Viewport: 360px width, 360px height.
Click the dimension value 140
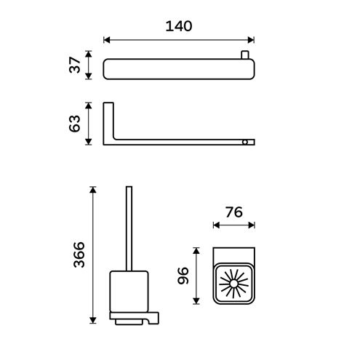point(179,26)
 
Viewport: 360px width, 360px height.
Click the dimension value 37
point(75,65)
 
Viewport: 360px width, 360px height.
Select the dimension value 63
point(75,124)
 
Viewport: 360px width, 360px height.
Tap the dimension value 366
point(79,255)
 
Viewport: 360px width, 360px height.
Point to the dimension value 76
point(234,212)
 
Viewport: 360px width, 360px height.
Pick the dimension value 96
point(183,276)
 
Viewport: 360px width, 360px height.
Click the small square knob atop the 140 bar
point(245,55)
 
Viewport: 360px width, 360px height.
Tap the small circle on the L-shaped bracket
point(245,142)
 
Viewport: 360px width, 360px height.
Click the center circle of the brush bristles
point(233,284)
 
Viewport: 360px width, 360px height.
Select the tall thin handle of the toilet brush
point(129,228)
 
